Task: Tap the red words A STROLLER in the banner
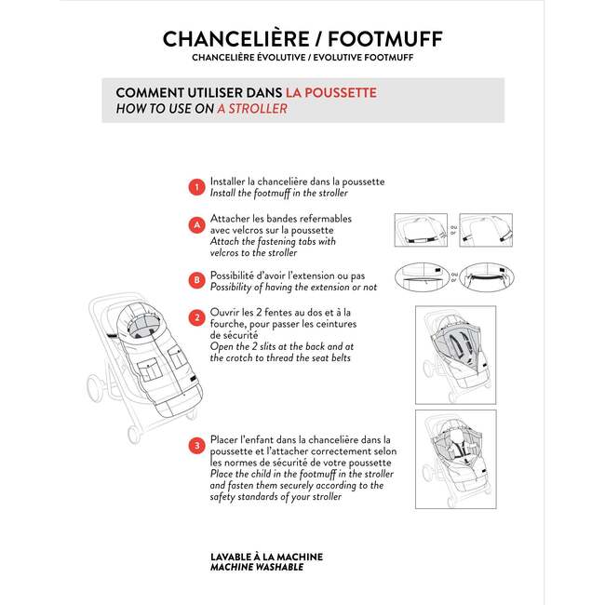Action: pos(252,108)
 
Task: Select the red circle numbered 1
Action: pos(196,187)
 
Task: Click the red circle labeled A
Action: pos(196,225)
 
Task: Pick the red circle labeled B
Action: pos(196,279)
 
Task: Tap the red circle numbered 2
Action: pos(196,317)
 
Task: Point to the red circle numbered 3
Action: pos(196,446)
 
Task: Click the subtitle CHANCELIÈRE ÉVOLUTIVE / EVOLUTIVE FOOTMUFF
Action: pos(302,58)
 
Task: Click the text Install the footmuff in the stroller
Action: pos(279,193)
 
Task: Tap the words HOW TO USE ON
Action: pos(164,108)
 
